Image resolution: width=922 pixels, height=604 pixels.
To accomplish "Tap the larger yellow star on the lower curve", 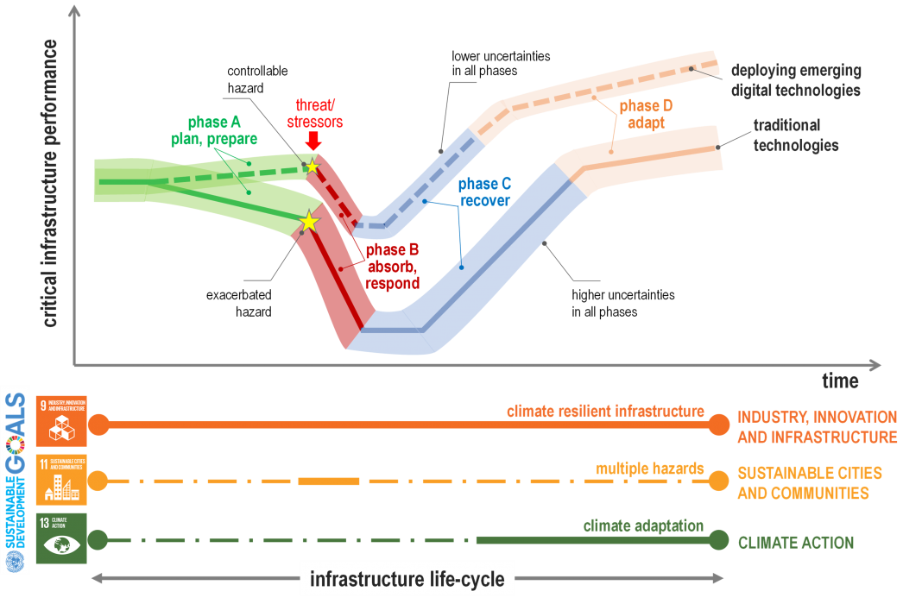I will pyautogui.click(x=309, y=223).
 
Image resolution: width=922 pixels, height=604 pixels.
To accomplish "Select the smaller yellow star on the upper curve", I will pyautogui.click(x=312, y=166).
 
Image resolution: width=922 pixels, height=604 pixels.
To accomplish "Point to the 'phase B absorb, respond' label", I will pyautogui.click(x=392, y=266).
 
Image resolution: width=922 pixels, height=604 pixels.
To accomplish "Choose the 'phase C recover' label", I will pyautogui.click(x=484, y=192).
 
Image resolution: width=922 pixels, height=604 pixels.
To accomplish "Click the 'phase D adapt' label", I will pyautogui.click(x=645, y=114).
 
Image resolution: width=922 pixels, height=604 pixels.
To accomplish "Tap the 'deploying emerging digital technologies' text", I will pyautogui.click(x=795, y=80).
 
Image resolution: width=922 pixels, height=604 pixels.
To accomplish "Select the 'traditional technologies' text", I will pyautogui.click(x=795, y=135).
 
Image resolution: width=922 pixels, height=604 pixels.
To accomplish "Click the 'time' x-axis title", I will pyautogui.click(x=840, y=381).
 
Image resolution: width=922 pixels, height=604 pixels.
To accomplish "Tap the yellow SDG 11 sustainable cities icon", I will pyautogui.click(x=61, y=480).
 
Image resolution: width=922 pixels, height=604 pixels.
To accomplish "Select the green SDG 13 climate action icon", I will pyautogui.click(x=61, y=538).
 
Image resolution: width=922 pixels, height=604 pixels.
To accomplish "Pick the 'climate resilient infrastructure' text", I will pyautogui.click(x=605, y=412).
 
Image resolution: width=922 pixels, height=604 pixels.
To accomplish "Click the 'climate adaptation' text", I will pyautogui.click(x=643, y=525).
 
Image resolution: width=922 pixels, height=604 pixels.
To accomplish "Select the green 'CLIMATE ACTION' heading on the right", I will pyautogui.click(x=795, y=543).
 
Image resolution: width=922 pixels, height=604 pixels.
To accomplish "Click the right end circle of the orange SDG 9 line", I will pyautogui.click(x=718, y=425).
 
